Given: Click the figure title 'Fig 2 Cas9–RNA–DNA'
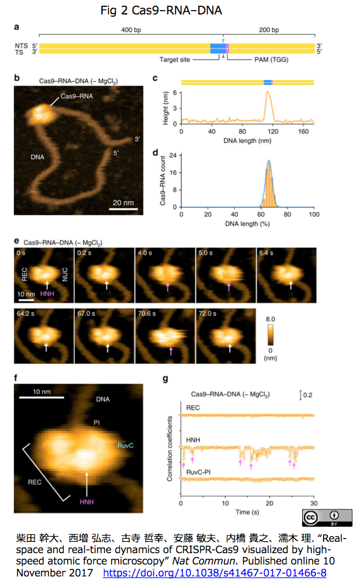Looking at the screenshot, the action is (161, 11).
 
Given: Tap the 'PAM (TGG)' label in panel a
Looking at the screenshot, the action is (271, 60).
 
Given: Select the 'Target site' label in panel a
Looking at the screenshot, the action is (175, 60).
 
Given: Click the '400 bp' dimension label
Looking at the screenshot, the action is (131, 30).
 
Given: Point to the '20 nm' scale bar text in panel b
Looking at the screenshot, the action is (123, 203).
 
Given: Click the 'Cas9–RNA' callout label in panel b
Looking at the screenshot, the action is (77, 96).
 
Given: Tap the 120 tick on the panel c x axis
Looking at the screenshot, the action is (273, 132).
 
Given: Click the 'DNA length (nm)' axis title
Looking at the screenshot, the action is (247, 141).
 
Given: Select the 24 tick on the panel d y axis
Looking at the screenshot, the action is (173, 155).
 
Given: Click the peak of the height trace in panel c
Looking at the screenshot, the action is (267, 92).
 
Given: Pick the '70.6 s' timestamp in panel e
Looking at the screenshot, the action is (147, 313).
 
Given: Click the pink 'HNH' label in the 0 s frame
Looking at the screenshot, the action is (47, 294).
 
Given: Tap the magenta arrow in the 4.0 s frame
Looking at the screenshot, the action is (167, 287).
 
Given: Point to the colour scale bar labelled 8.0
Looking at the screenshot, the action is (270, 334).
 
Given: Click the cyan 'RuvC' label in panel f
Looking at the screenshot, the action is (125, 446).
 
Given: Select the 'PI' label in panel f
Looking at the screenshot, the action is (96, 422).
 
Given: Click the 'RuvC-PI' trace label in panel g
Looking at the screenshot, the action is (198, 472).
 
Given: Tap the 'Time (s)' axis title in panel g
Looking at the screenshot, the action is (247, 512).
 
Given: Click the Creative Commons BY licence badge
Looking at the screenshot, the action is (327, 518).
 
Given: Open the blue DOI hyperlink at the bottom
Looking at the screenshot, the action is (215, 573).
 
